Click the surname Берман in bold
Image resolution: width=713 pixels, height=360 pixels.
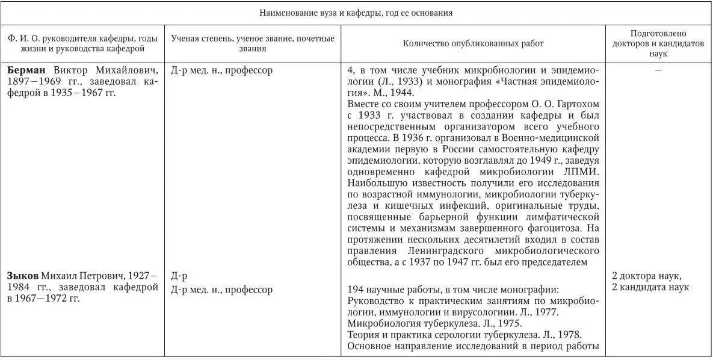coord(27,70)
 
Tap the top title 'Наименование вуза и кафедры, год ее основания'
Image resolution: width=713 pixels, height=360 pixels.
coord(356,13)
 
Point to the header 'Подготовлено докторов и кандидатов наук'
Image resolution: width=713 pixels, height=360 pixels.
coord(658,43)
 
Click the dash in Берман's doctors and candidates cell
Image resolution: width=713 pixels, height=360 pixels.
coord(658,70)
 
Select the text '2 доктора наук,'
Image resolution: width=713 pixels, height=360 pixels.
coord(646,276)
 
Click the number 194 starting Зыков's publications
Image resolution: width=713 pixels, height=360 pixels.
coord(356,290)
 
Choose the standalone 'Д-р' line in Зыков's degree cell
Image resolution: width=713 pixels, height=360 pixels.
coord(179,276)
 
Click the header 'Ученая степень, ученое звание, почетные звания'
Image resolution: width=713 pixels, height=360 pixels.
coord(252,43)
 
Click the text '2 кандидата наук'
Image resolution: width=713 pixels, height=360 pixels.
coord(650,287)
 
